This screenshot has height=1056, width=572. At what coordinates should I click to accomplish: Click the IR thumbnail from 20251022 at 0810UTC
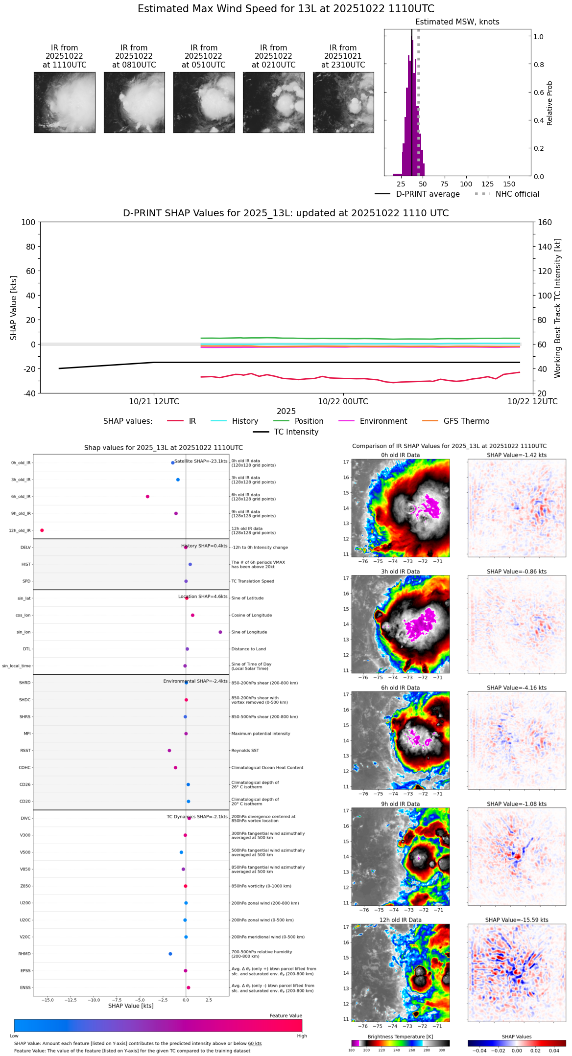[134, 102]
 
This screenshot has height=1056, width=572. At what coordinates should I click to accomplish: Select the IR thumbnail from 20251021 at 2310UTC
[343, 102]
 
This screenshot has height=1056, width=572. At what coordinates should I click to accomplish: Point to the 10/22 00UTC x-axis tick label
[343, 402]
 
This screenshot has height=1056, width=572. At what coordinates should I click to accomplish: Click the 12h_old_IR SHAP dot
[42, 530]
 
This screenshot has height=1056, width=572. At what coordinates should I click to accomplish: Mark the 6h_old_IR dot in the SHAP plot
[147, 497]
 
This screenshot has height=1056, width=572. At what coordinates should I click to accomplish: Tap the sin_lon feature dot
[220, 632]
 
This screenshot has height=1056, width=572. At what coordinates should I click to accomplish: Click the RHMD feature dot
[170, 954]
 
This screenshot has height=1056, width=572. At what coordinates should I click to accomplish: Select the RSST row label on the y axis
[25, 751]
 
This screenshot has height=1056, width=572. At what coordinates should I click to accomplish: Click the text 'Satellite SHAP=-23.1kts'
[201, 461]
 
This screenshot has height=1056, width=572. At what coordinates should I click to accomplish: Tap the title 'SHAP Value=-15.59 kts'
[517, 920]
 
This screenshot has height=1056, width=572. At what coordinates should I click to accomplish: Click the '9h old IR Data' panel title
[400, 804]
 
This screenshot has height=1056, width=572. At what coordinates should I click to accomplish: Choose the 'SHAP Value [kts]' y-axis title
[14, 308]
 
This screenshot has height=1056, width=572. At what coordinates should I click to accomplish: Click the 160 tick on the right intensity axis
[545, 223]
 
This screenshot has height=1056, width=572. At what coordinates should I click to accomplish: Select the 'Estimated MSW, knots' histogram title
[457, 22]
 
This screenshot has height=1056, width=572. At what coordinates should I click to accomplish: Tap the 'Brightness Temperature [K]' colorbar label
[400, 1037]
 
